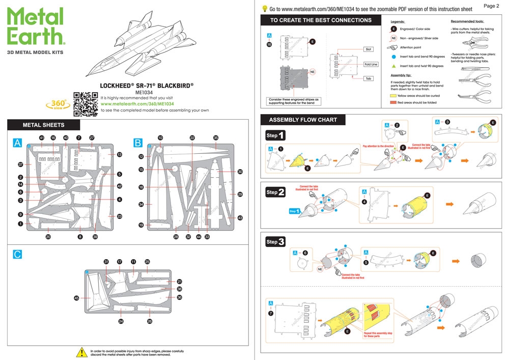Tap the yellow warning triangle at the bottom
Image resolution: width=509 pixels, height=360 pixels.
81,352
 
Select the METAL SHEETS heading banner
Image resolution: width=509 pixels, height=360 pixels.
44,125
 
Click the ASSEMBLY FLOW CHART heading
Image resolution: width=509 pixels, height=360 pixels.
303,120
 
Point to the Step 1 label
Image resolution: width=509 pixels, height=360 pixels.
275,136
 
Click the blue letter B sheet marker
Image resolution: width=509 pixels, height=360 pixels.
137,144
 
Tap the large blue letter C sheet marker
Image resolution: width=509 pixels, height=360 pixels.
18,254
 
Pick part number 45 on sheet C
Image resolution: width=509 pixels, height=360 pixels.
76,298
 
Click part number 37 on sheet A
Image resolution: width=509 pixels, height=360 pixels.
21,164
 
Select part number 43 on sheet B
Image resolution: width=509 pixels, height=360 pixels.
240,218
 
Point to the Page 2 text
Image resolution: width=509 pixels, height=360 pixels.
491,6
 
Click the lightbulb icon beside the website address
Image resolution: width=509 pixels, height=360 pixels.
265,9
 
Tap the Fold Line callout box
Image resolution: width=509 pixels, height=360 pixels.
371,64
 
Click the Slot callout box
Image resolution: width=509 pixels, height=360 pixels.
369,49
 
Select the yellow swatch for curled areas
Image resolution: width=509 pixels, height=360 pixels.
393,95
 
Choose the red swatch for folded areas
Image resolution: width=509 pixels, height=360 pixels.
393,102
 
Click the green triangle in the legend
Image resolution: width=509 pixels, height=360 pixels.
393,66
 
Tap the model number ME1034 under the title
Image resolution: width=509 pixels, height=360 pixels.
145,92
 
